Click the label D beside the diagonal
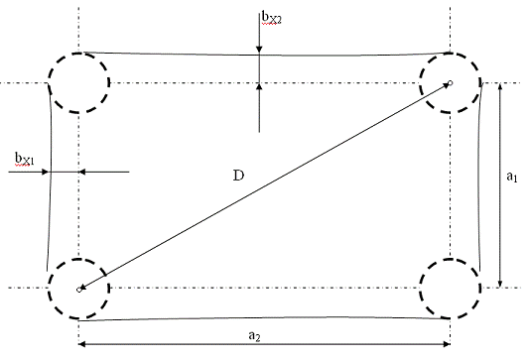point(238,176)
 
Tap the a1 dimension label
point(512,177)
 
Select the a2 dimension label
point(254,335)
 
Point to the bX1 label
point(24,159)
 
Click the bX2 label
point(271,18)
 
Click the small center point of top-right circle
point(451,82)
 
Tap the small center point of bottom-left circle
point(79,290)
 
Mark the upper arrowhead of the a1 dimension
point(500,86)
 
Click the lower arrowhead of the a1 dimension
point(500,284)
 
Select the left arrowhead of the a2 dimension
point(82,344)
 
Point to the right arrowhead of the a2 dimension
point(447,344)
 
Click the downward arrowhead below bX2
point(259,50)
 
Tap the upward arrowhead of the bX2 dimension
point(259,87)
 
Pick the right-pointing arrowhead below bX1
point(45,172)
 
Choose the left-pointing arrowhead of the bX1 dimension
point(82,172)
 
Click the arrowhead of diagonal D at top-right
point(447,85)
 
